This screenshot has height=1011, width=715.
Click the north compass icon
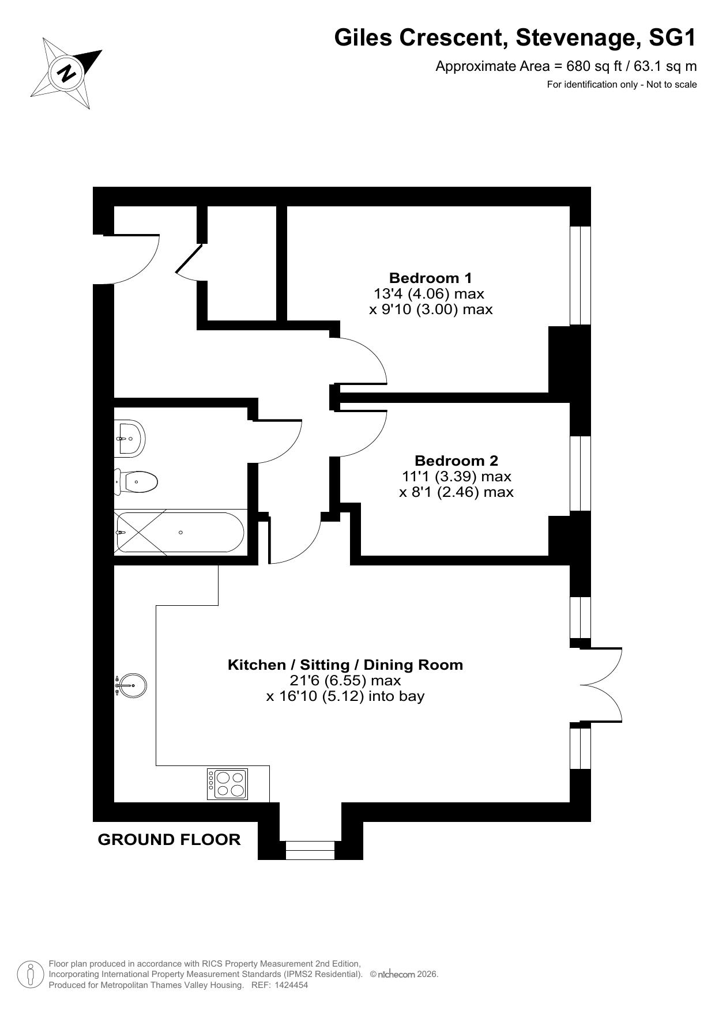coord(66,73)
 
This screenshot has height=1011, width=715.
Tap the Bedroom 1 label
coord(431,278)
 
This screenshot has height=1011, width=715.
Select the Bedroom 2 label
coord(456,461)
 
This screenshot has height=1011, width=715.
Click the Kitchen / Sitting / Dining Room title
coord(345,665)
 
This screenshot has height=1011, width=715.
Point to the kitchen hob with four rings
coord(228,784)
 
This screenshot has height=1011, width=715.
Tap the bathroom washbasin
coord(129,439)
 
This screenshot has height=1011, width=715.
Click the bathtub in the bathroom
coord(180,532)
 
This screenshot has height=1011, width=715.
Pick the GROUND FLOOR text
coord(170,839)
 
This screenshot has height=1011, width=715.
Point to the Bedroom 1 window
coord(581,276)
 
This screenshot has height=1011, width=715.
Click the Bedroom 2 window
coord(581,473)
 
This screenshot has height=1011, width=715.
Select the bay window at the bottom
coord(310,850)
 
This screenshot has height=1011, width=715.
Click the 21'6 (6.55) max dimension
coord(345,680)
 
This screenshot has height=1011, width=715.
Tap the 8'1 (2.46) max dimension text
coord(456,492)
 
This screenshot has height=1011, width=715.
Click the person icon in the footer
coord(31,974)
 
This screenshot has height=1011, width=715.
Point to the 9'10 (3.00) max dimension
coord(431,310)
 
